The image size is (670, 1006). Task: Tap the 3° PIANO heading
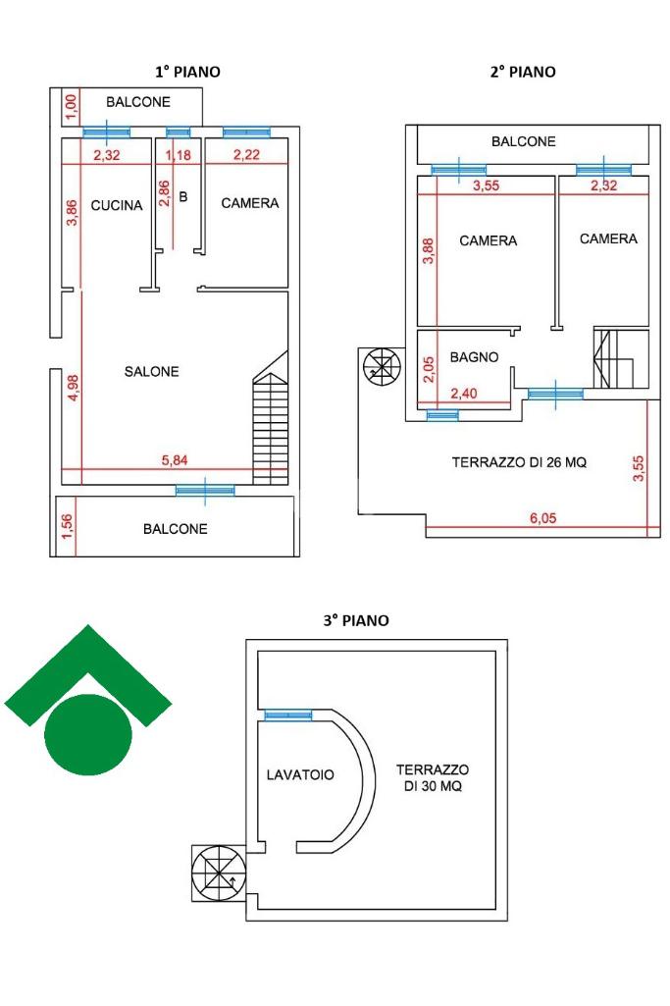click(356, 620)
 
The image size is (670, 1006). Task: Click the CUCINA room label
click(117, 205)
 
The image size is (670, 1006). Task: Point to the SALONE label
click(152, 371)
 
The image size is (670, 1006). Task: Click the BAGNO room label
click(474, 357)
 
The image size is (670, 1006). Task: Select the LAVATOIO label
click(300, 774)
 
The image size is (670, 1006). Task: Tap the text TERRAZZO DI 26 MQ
click(519, 462)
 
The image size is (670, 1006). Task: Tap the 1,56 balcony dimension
click(67, 527)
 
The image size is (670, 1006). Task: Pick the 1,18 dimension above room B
click(179, 154)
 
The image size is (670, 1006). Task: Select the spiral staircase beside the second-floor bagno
click(381, 368)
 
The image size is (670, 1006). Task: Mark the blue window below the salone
click(205, 489)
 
